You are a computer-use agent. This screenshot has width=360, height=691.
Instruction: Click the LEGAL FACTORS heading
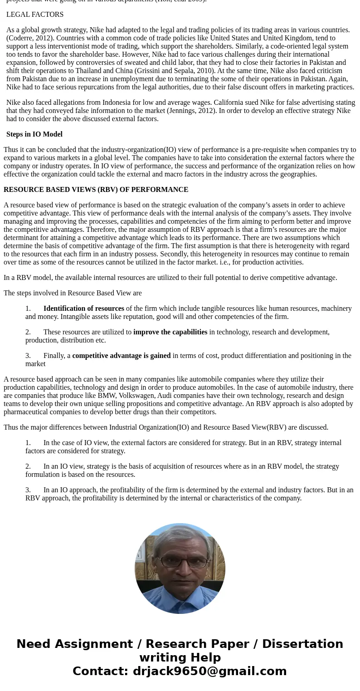coord(35,15)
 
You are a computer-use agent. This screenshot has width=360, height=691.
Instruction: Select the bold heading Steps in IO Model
coord(34,134)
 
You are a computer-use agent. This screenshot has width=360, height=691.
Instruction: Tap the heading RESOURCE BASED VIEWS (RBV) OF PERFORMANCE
coord(96,190)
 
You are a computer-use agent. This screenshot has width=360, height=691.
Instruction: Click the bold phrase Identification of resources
coord(83,309)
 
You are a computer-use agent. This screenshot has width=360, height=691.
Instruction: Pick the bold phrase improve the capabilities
coord(170,332)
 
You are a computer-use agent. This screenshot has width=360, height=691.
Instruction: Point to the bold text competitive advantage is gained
coord(121,356)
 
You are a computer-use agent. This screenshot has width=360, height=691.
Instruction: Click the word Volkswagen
coord(136,396)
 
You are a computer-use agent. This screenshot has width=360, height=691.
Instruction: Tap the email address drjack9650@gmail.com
coord(209,671)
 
